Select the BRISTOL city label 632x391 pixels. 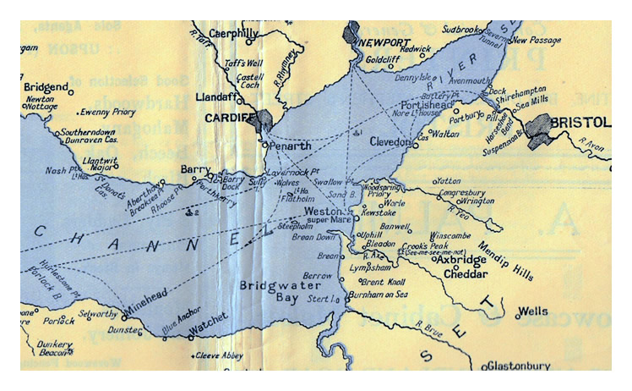tap(580, 123)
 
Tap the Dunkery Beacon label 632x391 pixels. tap(54, 349)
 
